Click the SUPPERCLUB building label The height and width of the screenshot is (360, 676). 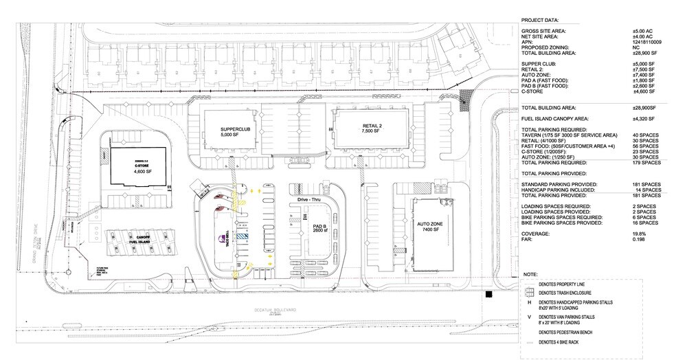click(229, 131)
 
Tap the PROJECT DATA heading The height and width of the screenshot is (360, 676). click(541, 22)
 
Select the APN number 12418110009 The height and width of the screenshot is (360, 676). click(646, 43)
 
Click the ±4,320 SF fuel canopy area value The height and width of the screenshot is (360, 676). click(645, 119)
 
